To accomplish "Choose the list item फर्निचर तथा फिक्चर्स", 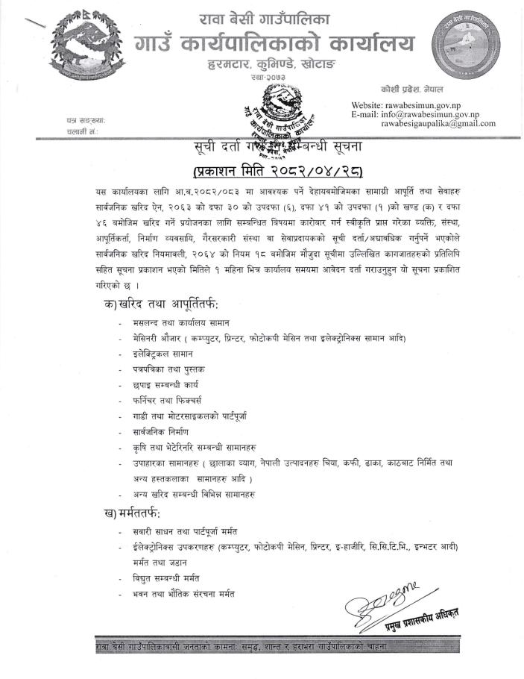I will point(165,399).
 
